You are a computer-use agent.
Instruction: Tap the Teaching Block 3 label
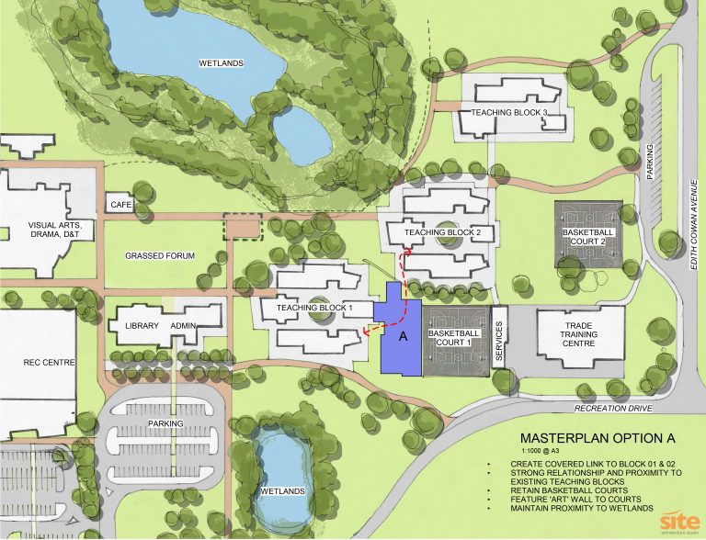point(508,113)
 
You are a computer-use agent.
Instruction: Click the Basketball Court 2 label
point(588,239)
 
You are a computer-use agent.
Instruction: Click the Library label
point(135,326)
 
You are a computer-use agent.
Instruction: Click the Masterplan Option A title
point(588,438)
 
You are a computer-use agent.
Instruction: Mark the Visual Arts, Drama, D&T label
point(57,231)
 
